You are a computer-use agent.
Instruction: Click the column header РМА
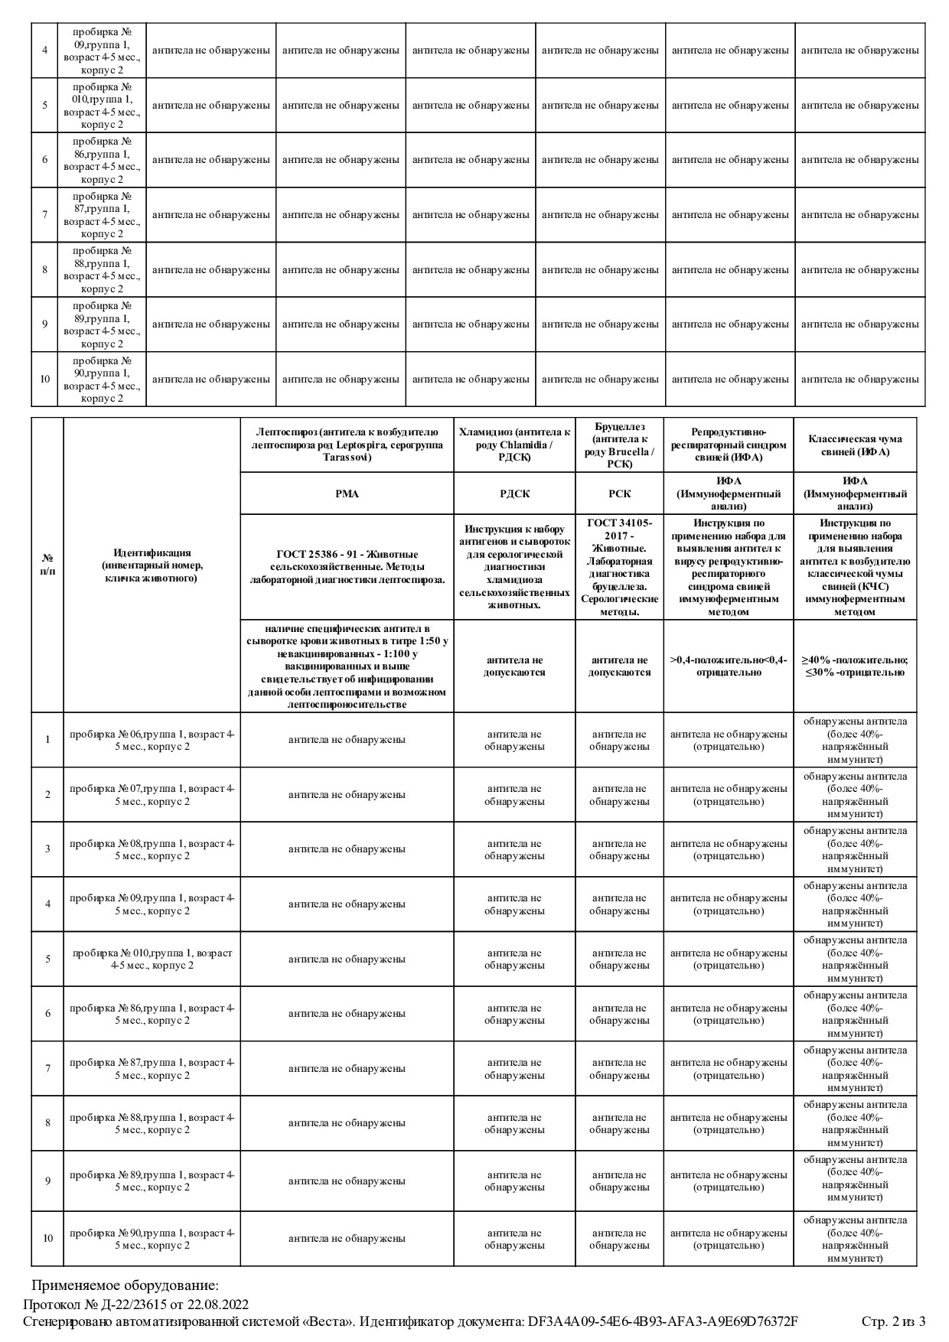tap(347, 493)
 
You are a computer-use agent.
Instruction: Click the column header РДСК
tap(514, 493)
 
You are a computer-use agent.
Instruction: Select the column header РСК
tap(618, 493)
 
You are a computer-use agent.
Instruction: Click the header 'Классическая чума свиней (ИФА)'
tap(855, 445)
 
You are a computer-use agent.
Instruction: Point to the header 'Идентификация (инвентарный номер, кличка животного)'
tap(152, 565)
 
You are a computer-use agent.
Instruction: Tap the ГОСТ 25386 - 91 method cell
tap(347, 566)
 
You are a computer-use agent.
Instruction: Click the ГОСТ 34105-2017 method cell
tap(618, 566)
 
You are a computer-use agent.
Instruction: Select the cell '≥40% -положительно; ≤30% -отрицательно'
tap(855, 666)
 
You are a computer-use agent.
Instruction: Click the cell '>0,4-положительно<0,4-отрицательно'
tap(728, 666)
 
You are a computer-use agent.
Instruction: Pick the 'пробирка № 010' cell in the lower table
tap(152, 959)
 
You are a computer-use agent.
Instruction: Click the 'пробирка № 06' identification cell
tap(152, 740)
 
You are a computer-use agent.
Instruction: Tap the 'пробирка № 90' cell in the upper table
tap(102, 379)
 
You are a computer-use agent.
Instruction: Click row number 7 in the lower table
tap(47, 1068)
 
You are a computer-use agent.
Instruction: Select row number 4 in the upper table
tap(44, 50)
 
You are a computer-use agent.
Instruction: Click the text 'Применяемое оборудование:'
tap(125, 1285)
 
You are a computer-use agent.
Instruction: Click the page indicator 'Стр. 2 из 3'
tap(893, 1321)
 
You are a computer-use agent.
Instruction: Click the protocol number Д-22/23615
tap(134, 1304)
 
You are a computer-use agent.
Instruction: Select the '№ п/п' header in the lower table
tap(47, 565)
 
